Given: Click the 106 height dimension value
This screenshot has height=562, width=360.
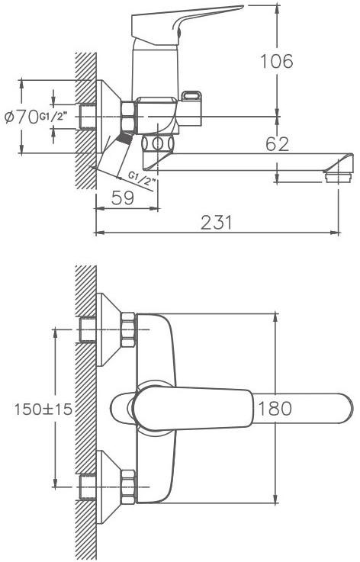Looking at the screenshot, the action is click(276, 61).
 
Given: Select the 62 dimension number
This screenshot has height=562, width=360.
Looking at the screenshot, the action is click(277, 143).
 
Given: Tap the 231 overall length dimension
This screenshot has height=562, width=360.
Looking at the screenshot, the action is click(216, 223).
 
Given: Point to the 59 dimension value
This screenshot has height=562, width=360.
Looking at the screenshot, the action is click(122, 198).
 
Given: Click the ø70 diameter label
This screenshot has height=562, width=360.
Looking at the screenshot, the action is click(21, 117).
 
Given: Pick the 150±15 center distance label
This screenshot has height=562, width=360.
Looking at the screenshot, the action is click(43, 409).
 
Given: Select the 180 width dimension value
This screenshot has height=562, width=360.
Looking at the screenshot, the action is click(275, 408).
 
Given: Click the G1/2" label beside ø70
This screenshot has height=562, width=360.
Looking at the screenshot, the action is click(53, 117).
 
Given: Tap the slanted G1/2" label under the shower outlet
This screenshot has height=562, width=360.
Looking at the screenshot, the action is click(143, 179).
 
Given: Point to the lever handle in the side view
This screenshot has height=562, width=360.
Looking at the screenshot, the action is click(183, 25).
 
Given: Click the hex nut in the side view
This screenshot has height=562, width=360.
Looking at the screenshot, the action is click(127, 117).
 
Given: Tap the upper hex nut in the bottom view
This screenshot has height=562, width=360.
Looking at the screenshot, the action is click(127, 329).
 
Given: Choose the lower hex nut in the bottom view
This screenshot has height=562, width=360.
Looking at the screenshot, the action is click(127, 487).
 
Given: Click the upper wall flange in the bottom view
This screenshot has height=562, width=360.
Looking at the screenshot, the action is click(108, 329).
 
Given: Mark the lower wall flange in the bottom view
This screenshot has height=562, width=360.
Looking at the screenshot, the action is click(108, 487).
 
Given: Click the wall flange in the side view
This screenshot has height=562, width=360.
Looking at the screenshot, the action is click(108, 117).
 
